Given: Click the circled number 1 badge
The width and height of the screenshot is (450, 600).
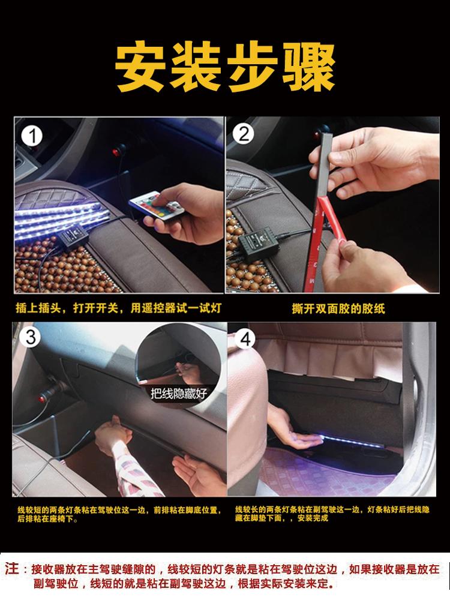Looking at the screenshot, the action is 32,137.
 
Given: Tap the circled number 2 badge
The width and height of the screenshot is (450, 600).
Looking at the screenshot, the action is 244,134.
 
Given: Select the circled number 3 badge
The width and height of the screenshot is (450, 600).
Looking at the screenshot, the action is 30,337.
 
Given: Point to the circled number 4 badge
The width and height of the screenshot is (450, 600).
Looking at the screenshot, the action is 245,339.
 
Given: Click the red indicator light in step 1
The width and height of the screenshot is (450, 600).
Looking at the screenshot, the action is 116,152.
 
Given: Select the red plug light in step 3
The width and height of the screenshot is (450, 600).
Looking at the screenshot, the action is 41,399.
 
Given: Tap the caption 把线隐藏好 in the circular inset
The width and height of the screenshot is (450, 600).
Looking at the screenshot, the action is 179,394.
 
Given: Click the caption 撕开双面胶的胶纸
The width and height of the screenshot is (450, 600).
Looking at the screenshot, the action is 338,308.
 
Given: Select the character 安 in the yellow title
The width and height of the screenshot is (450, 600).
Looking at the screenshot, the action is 141,66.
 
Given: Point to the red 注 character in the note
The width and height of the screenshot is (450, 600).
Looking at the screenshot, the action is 12,569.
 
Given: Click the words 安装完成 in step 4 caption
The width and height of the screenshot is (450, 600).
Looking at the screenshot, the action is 313,518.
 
